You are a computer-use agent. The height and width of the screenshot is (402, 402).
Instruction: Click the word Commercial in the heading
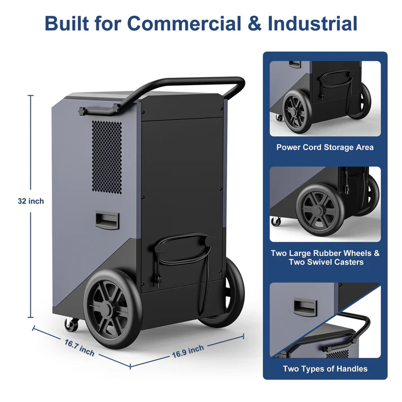tap(184, 24)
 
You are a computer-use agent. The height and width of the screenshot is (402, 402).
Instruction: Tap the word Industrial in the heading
tap(312, 24)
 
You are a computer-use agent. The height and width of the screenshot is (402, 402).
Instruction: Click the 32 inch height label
tap(31, 201)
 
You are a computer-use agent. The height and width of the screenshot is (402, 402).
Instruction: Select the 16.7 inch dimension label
tap(79, 348)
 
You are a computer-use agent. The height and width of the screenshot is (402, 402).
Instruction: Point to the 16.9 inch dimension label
tap(188, 351)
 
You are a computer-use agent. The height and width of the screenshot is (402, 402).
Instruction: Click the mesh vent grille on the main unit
tap(107, 157)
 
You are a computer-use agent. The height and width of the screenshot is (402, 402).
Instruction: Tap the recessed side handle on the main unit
tap(107, 219)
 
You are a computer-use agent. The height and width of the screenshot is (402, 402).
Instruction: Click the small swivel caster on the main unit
tap(71, 325)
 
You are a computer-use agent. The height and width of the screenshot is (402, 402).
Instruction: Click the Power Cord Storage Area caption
tap(325, 147)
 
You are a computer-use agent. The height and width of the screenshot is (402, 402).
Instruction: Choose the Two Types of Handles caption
tap(325, 369)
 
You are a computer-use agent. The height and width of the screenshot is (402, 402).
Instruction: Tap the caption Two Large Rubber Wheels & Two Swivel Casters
tap(325, 258)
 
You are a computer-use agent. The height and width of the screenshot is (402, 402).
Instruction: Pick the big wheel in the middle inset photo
tap(320, 210)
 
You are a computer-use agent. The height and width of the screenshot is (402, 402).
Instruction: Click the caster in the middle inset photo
tap(276, 222)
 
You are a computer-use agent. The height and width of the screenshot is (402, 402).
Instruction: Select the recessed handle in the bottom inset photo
tap(305, 306)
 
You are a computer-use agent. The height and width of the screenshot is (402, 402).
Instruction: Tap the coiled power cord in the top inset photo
tap(336, 87)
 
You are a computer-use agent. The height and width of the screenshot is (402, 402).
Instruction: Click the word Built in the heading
tap(67, 24)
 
